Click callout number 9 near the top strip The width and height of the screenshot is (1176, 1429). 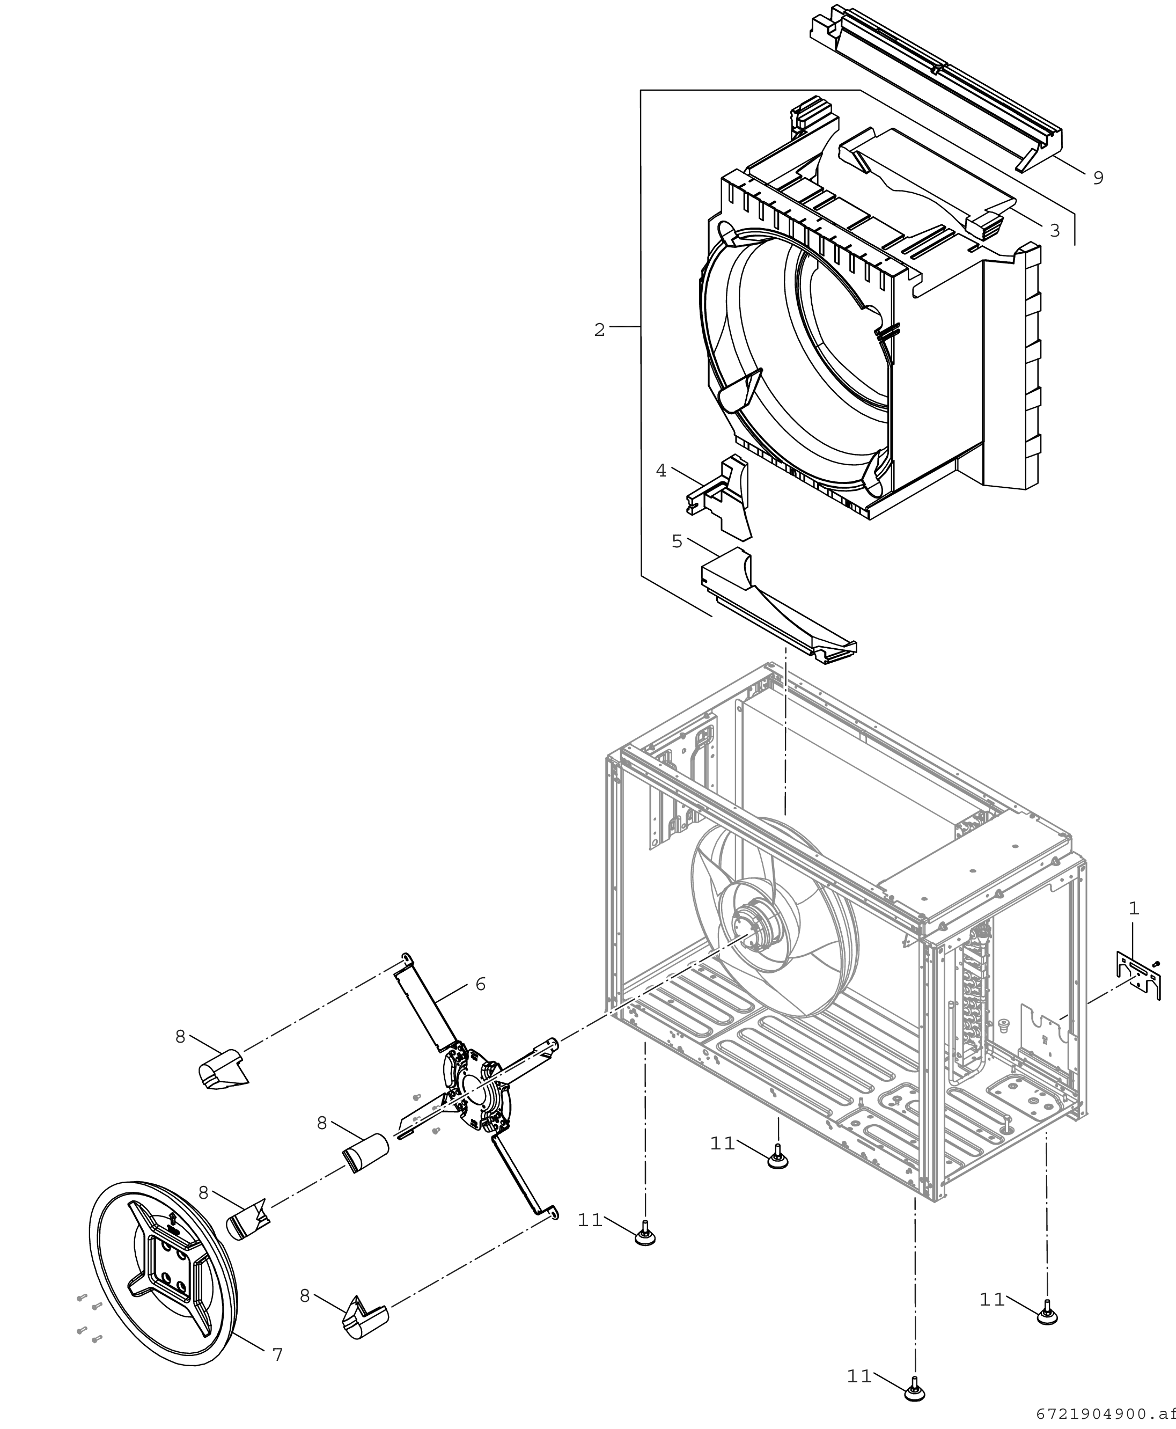point(1098,178)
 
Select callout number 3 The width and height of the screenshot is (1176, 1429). point(1054,230)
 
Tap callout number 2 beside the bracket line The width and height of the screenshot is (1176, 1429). point(599,330)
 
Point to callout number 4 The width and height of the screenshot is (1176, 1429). point(661,470)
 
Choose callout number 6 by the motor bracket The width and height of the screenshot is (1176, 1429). point(480,984)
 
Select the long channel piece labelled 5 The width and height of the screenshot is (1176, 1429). point(779,606)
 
